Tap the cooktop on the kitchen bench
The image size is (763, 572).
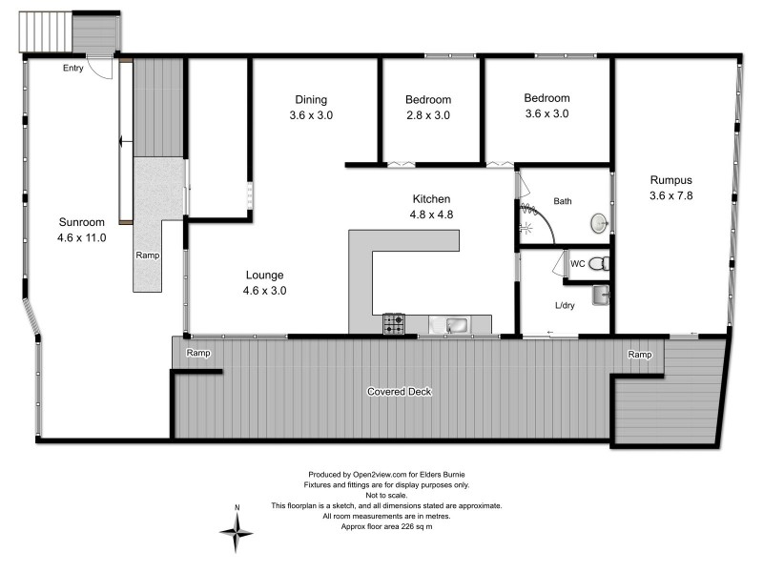[x=394, y=325]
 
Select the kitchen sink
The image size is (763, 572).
[x=451, y=325]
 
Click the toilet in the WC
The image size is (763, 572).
[x=596, y=263]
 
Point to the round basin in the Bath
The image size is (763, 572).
[x=598, y=222]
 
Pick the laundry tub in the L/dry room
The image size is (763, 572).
[x=600, y=296]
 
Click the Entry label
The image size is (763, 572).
[x=73, y=68]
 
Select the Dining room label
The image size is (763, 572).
[x=311, y=99]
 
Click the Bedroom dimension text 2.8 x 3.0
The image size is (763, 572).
[x=428, y=115]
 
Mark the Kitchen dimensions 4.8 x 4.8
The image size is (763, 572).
[x=431, y=214]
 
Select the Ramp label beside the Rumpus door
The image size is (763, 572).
[x=640, y=355]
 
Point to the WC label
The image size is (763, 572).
[x=577, y=263]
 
